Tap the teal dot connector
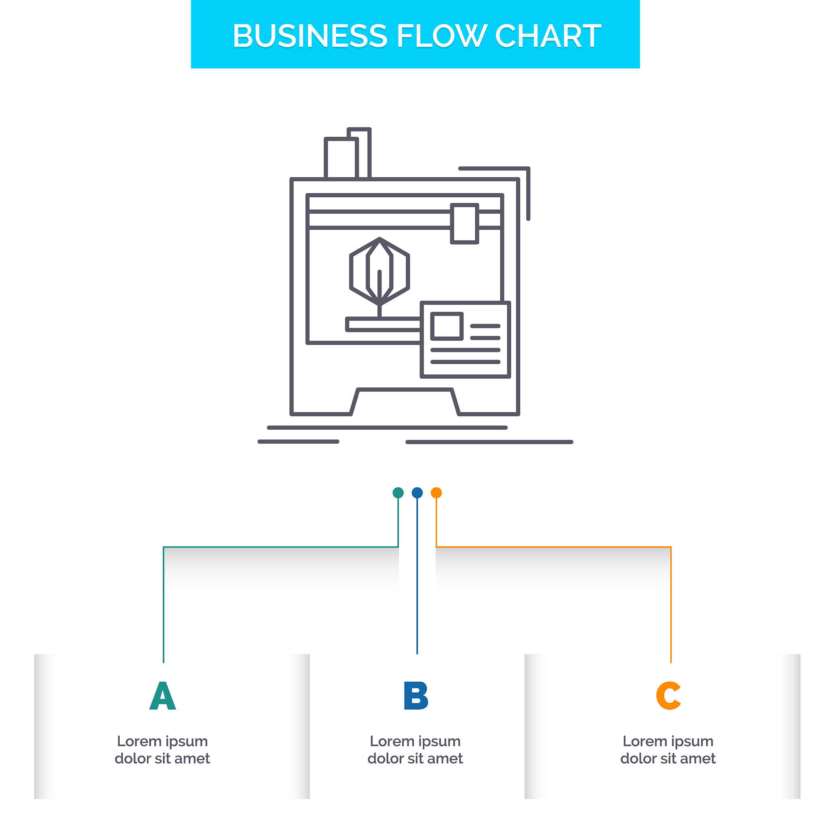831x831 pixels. click(x=398, y=493)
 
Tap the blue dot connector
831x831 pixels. click(x=417, y=493)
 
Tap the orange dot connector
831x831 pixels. click(x=436, y=493)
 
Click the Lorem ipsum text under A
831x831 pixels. click(x=163, y=750)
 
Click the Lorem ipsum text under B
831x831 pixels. click(x=415, y=750)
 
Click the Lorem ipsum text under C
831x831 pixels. click(x=668, y=750)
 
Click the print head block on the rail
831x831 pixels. click(x=465, y=224)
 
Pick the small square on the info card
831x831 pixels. click(x=447, y=326)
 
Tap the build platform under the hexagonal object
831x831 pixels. click(x=383, y=324)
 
